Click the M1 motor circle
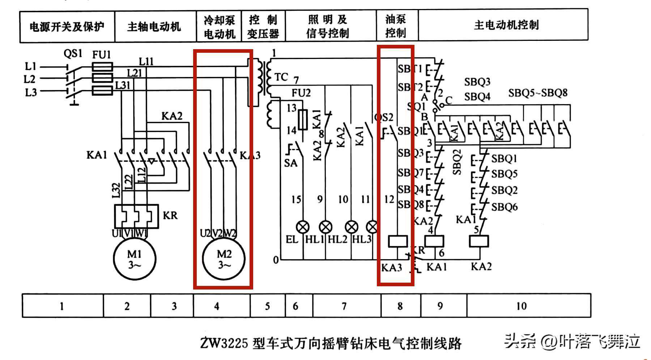(x=135, y=259)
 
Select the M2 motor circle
(x=224, y=259)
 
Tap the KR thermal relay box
(x=136, y=217)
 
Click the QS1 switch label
(x=73, y=54)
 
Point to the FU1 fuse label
(x=102, y=55)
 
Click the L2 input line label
(x=30, y=79)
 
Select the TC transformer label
(x=281, y=77)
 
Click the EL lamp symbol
(x=303, y=227)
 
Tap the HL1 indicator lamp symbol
(x=326, y=227)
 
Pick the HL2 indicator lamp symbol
(x=352, y=227)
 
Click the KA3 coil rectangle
(x=397, y=241)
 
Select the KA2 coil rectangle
(x=479, y=241)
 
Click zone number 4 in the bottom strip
(x=217, y=306)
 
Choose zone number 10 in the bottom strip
(x=521, y=306)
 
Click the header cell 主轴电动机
(x=154, y=27)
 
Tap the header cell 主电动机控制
(x=506, y=25)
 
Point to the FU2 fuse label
(x=301, y=93)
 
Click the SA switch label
(x=290, y=163)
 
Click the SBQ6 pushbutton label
(x=504, y=207)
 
